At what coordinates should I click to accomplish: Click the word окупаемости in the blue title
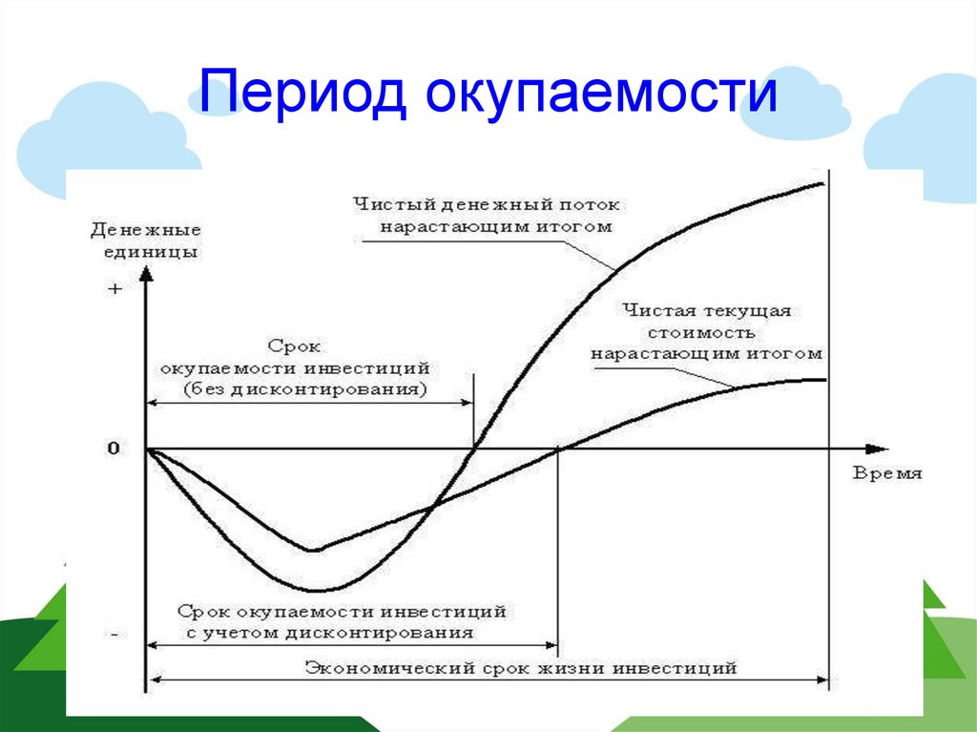point(601,94)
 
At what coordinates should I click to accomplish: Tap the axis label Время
point(887,473)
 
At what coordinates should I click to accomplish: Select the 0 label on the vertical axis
point(114,449)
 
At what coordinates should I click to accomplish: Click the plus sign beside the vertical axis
point(114,288)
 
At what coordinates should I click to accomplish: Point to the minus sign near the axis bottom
point(114,634)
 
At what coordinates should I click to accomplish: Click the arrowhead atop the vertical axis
point(146,274)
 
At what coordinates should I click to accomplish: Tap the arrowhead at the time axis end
point(878,449)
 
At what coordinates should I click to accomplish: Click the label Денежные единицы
point(146,241)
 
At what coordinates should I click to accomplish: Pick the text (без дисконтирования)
point(305,390)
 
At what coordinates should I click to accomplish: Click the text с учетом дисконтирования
point(330,634)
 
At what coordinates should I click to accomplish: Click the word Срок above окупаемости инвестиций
point(294,346)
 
